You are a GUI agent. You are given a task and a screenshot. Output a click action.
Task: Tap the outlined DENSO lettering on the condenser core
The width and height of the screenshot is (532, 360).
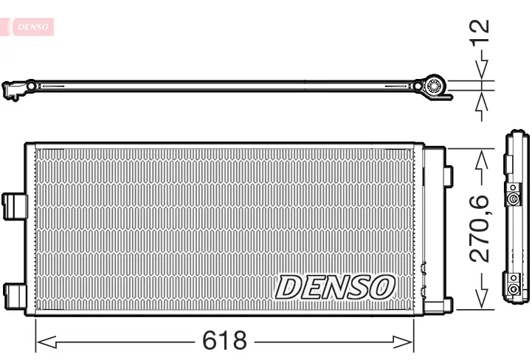(335, 286)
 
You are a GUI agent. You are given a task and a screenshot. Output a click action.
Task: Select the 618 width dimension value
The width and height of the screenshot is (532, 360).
(224, 341)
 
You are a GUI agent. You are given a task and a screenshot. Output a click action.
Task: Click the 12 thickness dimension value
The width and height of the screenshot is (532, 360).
(481, 34)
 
